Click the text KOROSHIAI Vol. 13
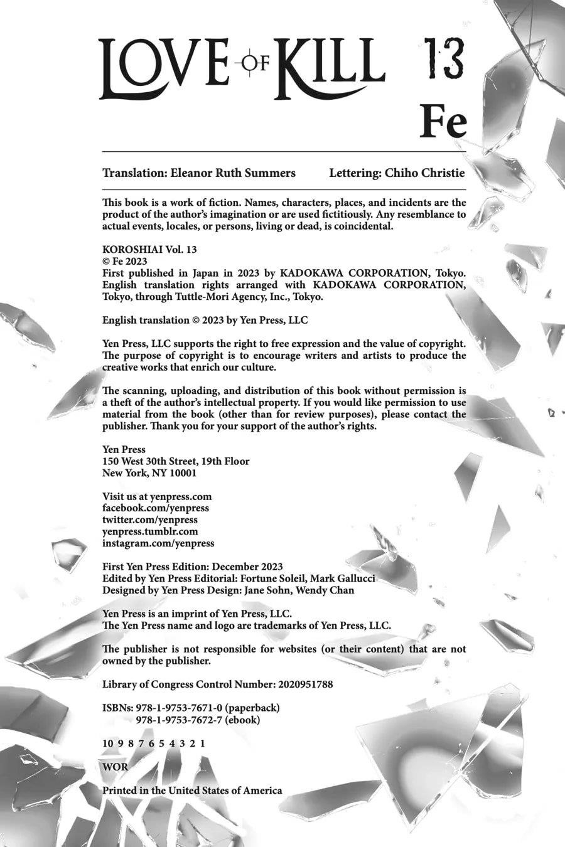(x=149, y=249)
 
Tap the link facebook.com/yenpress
(x=156, y=508)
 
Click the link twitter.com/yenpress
(x=150, y=519)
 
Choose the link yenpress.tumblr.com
(x=150, y=531)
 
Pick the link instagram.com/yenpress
(x=158, y=543)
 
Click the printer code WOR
(x=115, y=767)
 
